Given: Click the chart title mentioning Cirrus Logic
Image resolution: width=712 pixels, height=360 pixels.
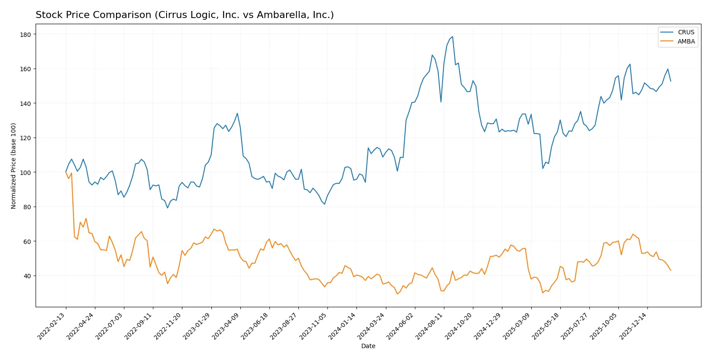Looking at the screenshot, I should point(185,15).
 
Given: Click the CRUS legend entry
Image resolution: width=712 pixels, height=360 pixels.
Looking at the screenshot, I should point(686,32).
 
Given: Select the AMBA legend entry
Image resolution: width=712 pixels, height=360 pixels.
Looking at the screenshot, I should point(686,41).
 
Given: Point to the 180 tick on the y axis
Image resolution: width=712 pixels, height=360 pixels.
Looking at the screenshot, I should point(25,34).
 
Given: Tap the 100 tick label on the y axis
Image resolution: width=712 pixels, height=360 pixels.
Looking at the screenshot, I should point(25,172).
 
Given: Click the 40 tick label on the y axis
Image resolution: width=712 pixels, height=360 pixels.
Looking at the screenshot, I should point(27,276).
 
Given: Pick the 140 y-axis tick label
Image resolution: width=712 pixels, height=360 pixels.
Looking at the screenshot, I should point(25,103).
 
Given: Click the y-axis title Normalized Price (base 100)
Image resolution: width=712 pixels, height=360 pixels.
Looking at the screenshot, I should point(14,166).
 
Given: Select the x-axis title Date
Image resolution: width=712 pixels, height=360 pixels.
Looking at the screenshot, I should point(368,346).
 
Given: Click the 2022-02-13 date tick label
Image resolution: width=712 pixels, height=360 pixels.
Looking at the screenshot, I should point(52,327).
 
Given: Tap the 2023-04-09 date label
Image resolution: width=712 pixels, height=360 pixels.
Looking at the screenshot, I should point(227,327).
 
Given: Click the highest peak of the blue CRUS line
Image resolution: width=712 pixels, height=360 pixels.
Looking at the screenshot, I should point(452,37).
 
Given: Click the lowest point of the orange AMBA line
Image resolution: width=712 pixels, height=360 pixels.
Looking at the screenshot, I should point(397,294).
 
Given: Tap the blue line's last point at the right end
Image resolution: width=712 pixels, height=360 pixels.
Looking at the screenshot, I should point(671,81).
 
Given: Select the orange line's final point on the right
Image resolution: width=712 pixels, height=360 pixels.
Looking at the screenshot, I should point(671,270).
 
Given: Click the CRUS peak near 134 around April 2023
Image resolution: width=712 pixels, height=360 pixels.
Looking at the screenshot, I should point(237,113).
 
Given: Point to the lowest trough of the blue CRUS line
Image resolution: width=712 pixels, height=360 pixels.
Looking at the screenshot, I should point(167,208).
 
